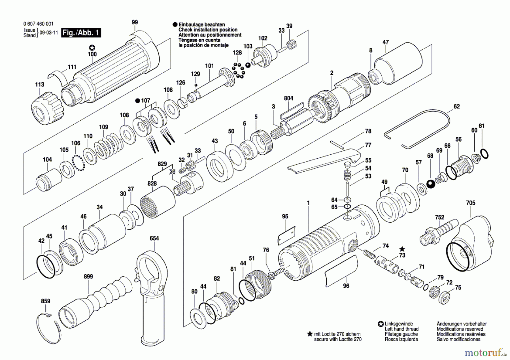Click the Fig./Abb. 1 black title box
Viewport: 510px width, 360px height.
point(81,33)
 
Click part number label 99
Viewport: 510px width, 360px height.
point(135,22)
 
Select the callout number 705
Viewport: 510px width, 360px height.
point(471,203)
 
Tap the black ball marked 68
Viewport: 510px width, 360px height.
point(431,184)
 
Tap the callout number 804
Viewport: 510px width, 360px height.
point(288,98)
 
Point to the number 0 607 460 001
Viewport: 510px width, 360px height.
point(38,24)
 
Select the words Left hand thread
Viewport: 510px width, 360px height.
point(401,329)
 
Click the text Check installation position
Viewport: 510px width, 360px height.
point(208,30)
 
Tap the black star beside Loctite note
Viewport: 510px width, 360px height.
point(310,334)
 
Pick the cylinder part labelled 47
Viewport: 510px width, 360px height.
point(398,64)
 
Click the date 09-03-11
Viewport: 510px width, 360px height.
point(49,33)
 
